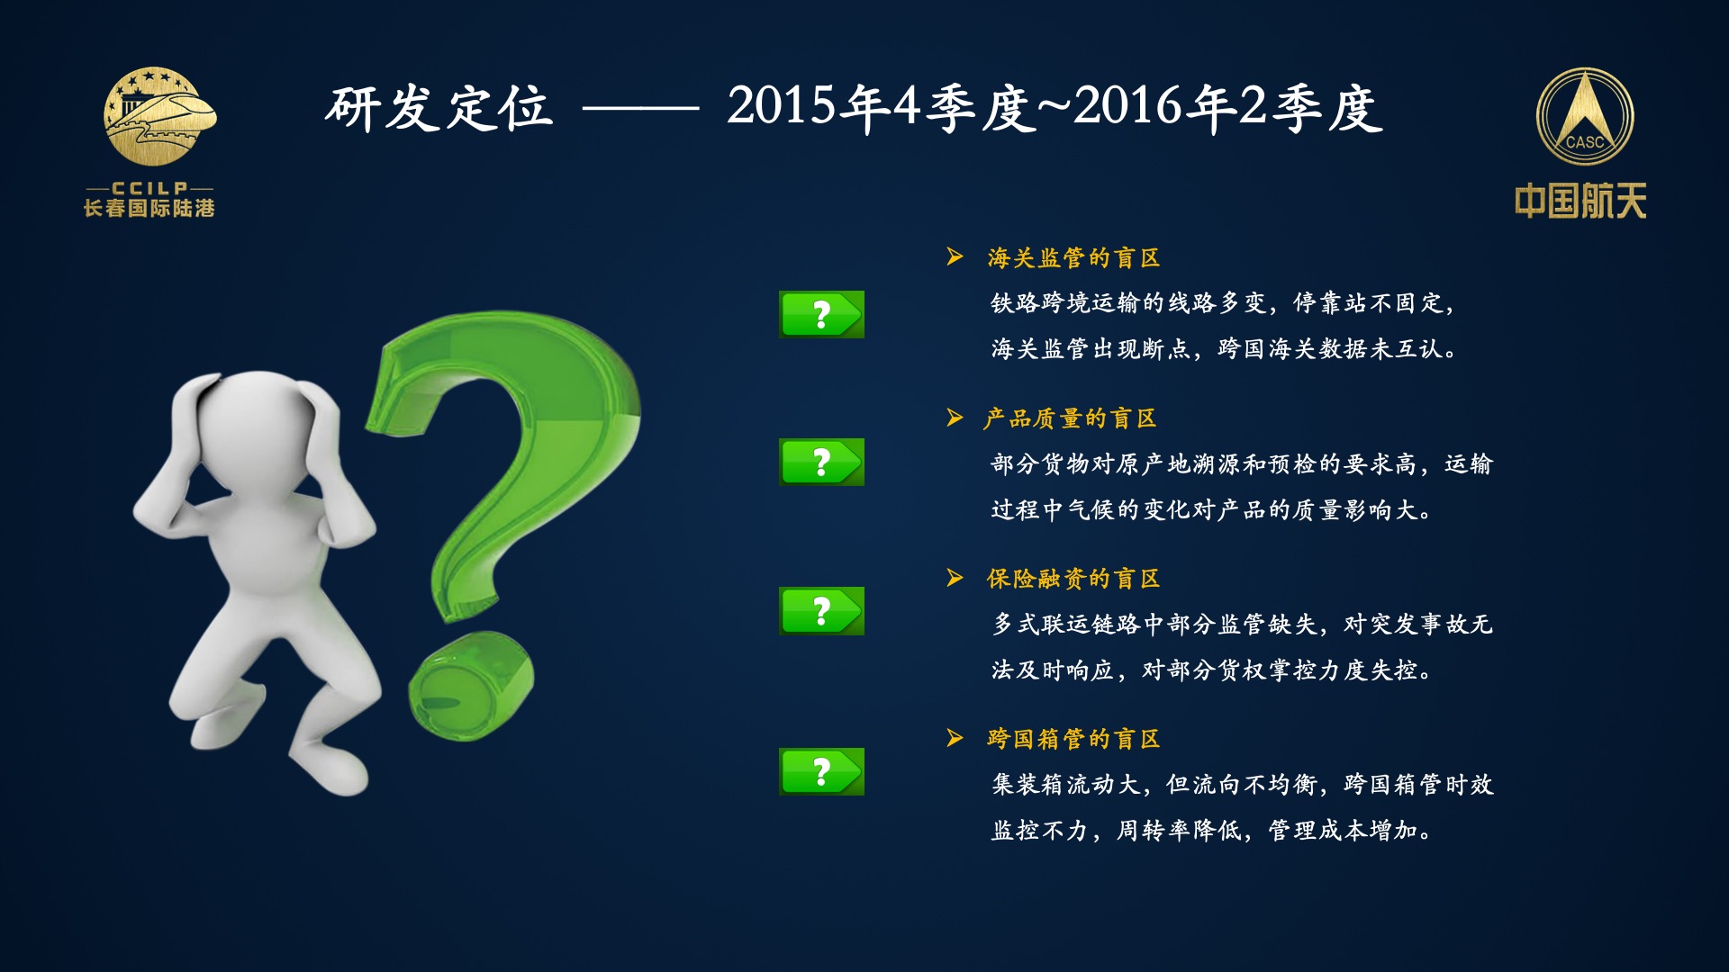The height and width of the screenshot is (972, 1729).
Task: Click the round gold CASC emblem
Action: click(x=1584, y=117)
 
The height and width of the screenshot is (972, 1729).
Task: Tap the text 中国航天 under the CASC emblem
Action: click(x=1580, y=201)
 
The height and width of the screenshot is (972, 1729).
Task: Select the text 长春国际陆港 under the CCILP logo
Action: click(x=149, y=208)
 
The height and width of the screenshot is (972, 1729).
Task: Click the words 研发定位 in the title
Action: click(x=439, y=109)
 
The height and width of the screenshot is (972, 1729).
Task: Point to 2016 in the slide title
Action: click(x=1127, y=106)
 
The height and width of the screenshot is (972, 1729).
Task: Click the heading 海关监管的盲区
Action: click(x=1073, y=258)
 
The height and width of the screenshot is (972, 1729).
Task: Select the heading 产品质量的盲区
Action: click(x=1071, y=418)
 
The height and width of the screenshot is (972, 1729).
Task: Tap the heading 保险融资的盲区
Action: click(x=1073, y=579)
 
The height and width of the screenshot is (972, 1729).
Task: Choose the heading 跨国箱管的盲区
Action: click(x=1073, y=739)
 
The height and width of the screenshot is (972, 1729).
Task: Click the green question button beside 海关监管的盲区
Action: click(x=821, y=314)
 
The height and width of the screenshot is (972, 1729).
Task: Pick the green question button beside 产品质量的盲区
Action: click(x=821, y=462)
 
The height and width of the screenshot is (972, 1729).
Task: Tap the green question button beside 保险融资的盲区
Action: click(x=821, y=611)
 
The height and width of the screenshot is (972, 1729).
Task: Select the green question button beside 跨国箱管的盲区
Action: click(x=821, y=771)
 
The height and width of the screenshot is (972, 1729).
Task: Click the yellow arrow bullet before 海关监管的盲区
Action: click(x=955, y=257)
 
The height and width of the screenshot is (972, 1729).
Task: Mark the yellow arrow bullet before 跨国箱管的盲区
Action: click(x=955, y=738)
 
